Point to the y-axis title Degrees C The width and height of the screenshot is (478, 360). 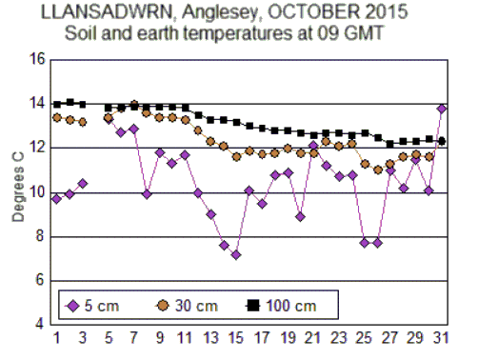tap(17, 190)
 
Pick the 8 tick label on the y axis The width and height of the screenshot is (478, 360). tap(41, 237)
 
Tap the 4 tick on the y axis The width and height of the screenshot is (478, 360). tap(41, 325)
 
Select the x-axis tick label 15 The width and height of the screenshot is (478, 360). tap(235, 337)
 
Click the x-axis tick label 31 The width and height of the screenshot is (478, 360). tap(441, 337)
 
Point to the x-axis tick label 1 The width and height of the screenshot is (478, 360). tap(56, 337)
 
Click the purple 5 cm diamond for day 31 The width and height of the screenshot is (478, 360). tap(442, 109)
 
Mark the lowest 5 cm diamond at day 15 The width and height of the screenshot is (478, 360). tap(236, 254)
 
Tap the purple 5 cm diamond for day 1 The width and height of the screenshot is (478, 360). tap(57, 199)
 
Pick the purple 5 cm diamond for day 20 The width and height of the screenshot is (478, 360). tap(300, 216)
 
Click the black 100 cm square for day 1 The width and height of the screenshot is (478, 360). tap(57, 104)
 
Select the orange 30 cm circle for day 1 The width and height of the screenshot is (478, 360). tap(57, 118)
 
